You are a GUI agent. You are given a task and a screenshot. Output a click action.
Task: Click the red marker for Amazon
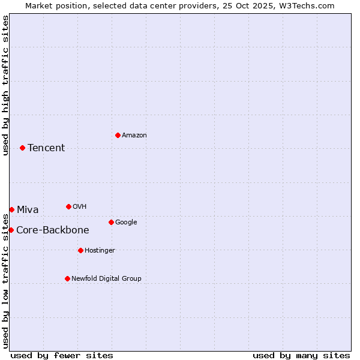pyautogui.click(x=118, y=135)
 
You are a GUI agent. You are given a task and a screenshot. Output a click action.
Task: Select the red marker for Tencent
pyautogui.click(x=22, y=148)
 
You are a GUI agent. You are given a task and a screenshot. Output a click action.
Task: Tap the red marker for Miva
pyautogui.click(x=11, y=209)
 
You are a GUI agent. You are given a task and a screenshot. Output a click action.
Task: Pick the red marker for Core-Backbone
pyautogui.click(x=11, y=230)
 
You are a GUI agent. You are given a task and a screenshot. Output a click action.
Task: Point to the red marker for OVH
pyautogui.click(x=68, y=206)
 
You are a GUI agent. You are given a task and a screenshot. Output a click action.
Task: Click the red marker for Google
pyautogui.click(x=111, y=222)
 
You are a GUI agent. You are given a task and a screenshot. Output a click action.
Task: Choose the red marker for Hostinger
pyautogui.click(x=80, y=250)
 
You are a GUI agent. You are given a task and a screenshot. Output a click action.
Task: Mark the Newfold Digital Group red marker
pyautogui.click(x=67, y=278)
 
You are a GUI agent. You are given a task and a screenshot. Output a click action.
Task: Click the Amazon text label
pyautogui.click(x=134, y=136)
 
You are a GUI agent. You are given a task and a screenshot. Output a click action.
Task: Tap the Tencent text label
pyautogui.click(x=46, y=148)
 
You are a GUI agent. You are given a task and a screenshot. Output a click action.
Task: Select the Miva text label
pyautogui.click(x=28, y=210)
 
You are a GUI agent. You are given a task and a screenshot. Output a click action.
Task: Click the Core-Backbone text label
pyautogui.click(x=53, y=230)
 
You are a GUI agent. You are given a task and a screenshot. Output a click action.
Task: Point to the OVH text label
pyautogui.click(x=80, y=207)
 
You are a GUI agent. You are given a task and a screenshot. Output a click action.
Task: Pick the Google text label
pyautogui.click(x=126, y=223)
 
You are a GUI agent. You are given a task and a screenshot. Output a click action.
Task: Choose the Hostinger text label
pyautogui.click(x=100, y=251)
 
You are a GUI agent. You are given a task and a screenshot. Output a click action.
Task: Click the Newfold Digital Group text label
pyautogui.click(x=106, y=279)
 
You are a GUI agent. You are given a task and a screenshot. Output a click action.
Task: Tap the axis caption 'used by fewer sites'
pyautogui.click(x=62, y=355)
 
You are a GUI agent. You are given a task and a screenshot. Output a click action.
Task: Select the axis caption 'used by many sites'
pyautogui.click(x=301, y=355)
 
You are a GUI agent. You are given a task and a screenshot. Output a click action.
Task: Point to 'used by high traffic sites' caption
pyautogui.click(x=5, y=85)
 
